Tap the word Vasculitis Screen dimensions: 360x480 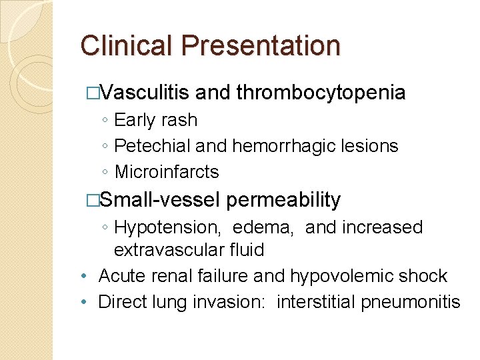coord(146,93)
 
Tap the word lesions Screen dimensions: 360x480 coord(369,146)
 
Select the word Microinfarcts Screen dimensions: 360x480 coord(167,172)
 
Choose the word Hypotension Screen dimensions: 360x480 coord(167,227)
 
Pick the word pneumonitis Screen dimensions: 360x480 coord(411,302)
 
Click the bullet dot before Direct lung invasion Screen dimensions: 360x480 coord(81,302)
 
